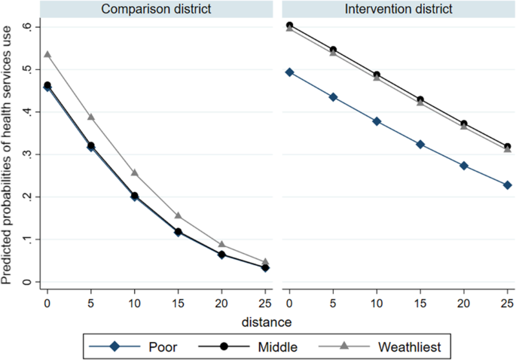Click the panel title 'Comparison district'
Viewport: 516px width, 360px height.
[155, 10]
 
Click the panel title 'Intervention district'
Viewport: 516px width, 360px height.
[399, 10]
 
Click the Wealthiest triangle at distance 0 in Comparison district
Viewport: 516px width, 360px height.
[47, 54]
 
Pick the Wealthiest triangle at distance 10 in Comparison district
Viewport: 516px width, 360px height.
[135, 172]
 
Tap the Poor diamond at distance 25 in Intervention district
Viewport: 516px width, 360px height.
[508, 185]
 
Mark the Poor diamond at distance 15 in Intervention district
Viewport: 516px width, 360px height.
[420, 144]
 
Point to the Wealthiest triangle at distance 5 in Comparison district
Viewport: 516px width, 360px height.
[91, 117]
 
